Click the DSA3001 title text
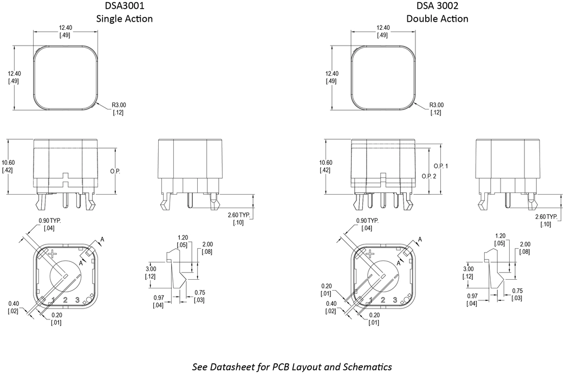point(124,5)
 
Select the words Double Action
point(437,18)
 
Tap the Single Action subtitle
point(124,18)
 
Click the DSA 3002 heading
point(437,5)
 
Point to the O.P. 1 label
point(441,166)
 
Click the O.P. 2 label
point(429,176)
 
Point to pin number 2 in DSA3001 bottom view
point(66,300)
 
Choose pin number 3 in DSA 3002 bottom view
point(395,300)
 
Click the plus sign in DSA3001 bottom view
point(53,254)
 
